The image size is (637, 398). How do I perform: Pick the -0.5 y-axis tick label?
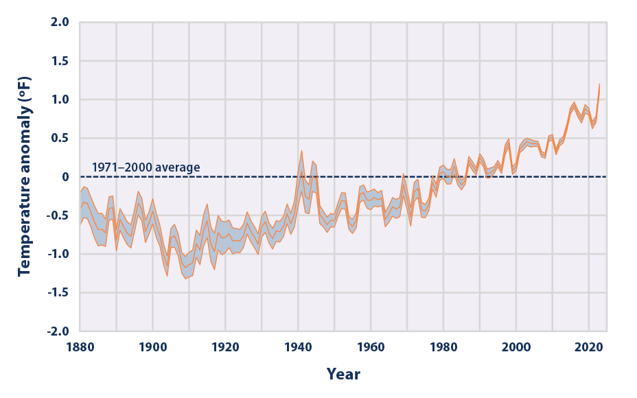[x=58, y=215]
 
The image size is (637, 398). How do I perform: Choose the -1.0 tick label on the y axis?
[x=58, y=254]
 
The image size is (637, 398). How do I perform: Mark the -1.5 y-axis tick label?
[x=58, y=292]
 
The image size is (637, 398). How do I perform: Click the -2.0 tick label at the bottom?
[x=58, y=331]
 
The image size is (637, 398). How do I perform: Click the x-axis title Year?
[x=343, y=375]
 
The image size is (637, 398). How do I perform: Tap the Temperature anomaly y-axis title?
[x=25, y=176]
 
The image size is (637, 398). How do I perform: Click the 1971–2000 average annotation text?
[x=146, y=167]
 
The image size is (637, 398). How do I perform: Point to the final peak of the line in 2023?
[x=599, y=84]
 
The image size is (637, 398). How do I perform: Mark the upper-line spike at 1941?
[x=301, y=151]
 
